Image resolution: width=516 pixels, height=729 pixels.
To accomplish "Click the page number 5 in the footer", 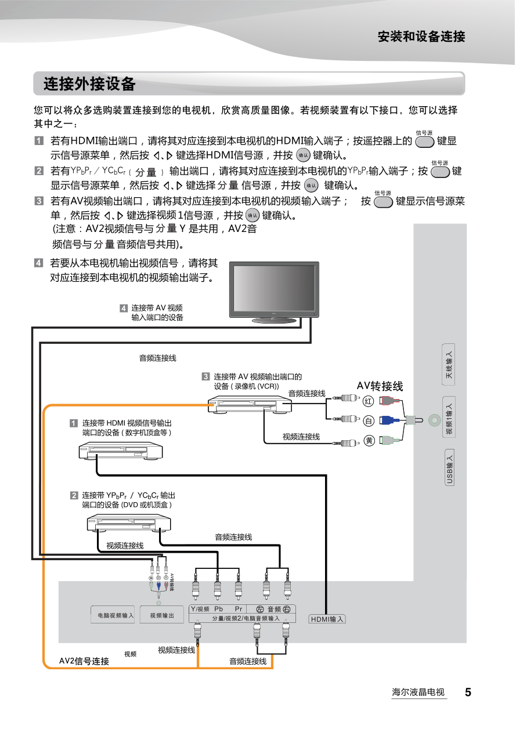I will tap(467, 692).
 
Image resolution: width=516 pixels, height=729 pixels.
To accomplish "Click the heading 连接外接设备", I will tap(89, 84).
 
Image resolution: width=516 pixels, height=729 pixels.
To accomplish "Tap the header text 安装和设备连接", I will tap(421, 37).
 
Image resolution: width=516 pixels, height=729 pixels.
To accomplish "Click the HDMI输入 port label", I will tap(327, 619).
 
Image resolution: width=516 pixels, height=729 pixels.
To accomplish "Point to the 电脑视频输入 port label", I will tap(113, 615).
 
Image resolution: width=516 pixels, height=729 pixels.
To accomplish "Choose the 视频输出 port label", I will tap(162, 615).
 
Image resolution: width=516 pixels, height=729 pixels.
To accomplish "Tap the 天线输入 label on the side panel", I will tap(449, 365).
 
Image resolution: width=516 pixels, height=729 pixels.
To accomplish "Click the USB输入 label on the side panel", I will tap(449, 467).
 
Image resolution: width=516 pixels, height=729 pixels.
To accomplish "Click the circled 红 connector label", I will tap(369, 401).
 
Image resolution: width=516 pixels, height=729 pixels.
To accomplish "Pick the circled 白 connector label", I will tap(369, 421).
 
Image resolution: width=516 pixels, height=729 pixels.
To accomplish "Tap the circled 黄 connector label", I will tap(369, 442).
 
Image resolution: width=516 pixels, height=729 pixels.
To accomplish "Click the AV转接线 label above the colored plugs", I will tap(380, 386).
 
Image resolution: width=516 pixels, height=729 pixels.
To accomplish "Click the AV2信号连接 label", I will tap(84, 661).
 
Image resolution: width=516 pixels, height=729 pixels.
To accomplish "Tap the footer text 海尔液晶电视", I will tap(418, 692).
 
